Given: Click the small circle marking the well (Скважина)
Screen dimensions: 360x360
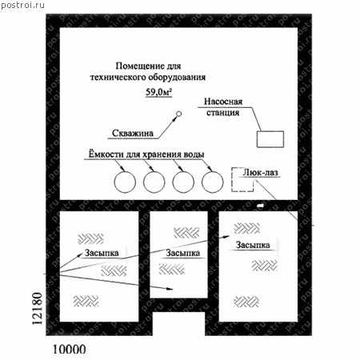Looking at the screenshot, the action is [x=179, y=114].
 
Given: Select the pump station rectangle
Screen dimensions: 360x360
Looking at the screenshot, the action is [x=270, y=131].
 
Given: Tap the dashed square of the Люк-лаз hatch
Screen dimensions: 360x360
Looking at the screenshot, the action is [x=231, y=179].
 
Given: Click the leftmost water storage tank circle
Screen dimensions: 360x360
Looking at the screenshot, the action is [x=125, y=171].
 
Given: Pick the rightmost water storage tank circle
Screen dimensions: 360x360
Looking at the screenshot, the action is [x=213, y=171].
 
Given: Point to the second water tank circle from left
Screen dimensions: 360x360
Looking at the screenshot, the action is [x=154, y=171].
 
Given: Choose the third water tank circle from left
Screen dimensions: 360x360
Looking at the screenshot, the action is [x=183, y=171].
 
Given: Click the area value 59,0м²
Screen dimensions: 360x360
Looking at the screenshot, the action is [x=158, y=92].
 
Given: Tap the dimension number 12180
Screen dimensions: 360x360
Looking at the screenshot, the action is [x=37, y=309].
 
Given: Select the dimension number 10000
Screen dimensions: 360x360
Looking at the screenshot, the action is [x=70, y=349].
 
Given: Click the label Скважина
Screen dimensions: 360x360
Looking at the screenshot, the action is [x=133, y=133].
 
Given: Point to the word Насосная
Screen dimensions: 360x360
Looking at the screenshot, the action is [x=223, y=102].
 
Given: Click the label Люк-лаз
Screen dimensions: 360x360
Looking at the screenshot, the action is [x=260, y=172].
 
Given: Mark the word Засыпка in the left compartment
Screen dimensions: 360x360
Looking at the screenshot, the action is [x=102, y=253].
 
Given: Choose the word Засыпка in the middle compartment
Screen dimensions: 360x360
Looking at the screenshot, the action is [x=183, y=253].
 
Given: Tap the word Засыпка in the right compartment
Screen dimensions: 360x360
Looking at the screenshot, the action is [x=253, y=245].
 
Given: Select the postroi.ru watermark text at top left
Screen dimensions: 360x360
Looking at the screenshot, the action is [x=23, y=5].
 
